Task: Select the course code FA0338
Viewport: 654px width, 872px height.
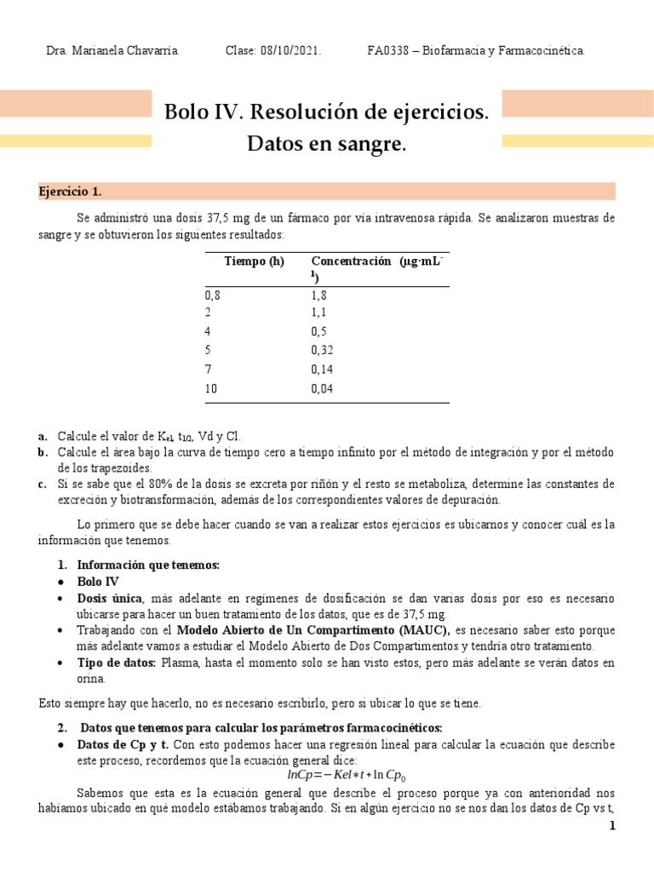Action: [x=389, y=51]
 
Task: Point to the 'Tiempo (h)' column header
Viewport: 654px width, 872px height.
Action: [x=254, y=261]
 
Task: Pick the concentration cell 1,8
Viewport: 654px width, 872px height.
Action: [x=319, y=295]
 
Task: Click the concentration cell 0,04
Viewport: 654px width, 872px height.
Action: [x=322, y=388]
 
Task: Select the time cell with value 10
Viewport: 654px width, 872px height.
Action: [x=211, y=388]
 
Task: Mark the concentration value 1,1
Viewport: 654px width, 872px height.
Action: [x=319, y=313]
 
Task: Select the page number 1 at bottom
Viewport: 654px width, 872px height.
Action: [x=611, y=826]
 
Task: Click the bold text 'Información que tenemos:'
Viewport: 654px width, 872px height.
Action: [x=148, y=565]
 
